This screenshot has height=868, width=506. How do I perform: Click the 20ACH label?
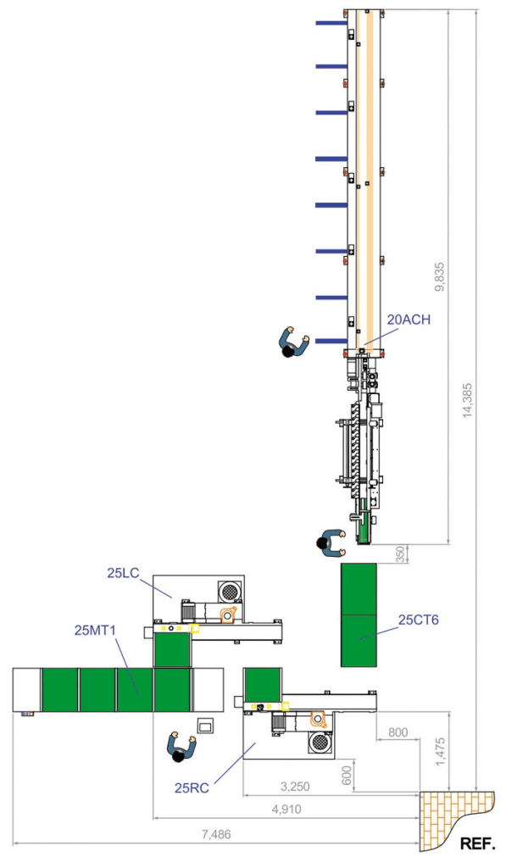[409, 320]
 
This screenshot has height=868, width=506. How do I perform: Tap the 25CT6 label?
[419, 620]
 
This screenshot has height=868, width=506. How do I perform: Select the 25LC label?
[123, 574]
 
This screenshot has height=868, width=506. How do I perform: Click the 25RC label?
[192, 788]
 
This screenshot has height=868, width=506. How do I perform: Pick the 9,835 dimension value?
[440, 276]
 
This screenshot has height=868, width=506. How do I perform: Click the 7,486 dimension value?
[216, 835]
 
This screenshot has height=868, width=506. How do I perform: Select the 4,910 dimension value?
[286, 810]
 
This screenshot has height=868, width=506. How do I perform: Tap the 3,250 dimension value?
[295, 787]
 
